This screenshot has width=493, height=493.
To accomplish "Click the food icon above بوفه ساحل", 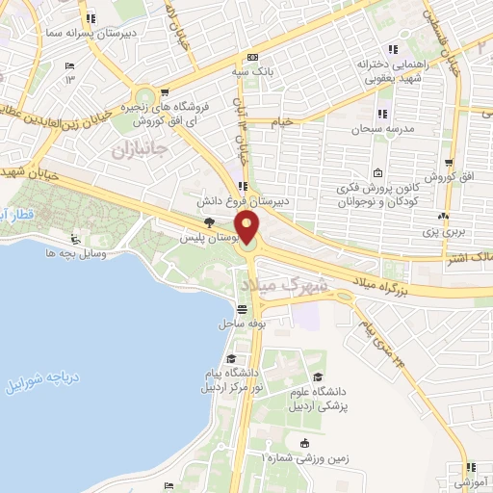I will pyautogui.click(x=242, y=310).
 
